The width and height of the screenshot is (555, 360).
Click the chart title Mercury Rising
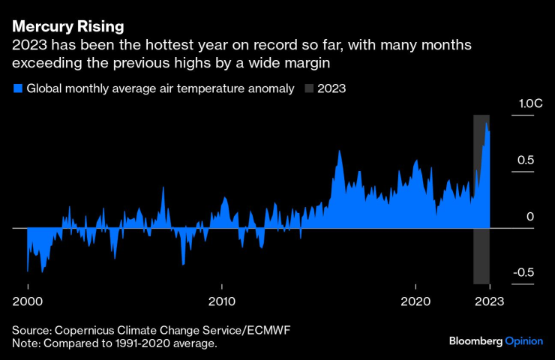click(68, 27)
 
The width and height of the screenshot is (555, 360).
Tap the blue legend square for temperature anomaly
click(18, 88)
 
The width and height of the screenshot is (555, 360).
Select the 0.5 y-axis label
click(524, 160)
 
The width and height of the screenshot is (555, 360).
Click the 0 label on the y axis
click(529, 217)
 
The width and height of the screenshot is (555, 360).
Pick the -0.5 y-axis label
click(523, 273)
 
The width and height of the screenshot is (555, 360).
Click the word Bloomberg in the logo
click(475, 340)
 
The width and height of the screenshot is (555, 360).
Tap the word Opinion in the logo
click(523, 340)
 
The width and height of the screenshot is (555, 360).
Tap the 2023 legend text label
click(331, 88)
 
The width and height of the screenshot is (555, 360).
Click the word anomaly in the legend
click(268, 88)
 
